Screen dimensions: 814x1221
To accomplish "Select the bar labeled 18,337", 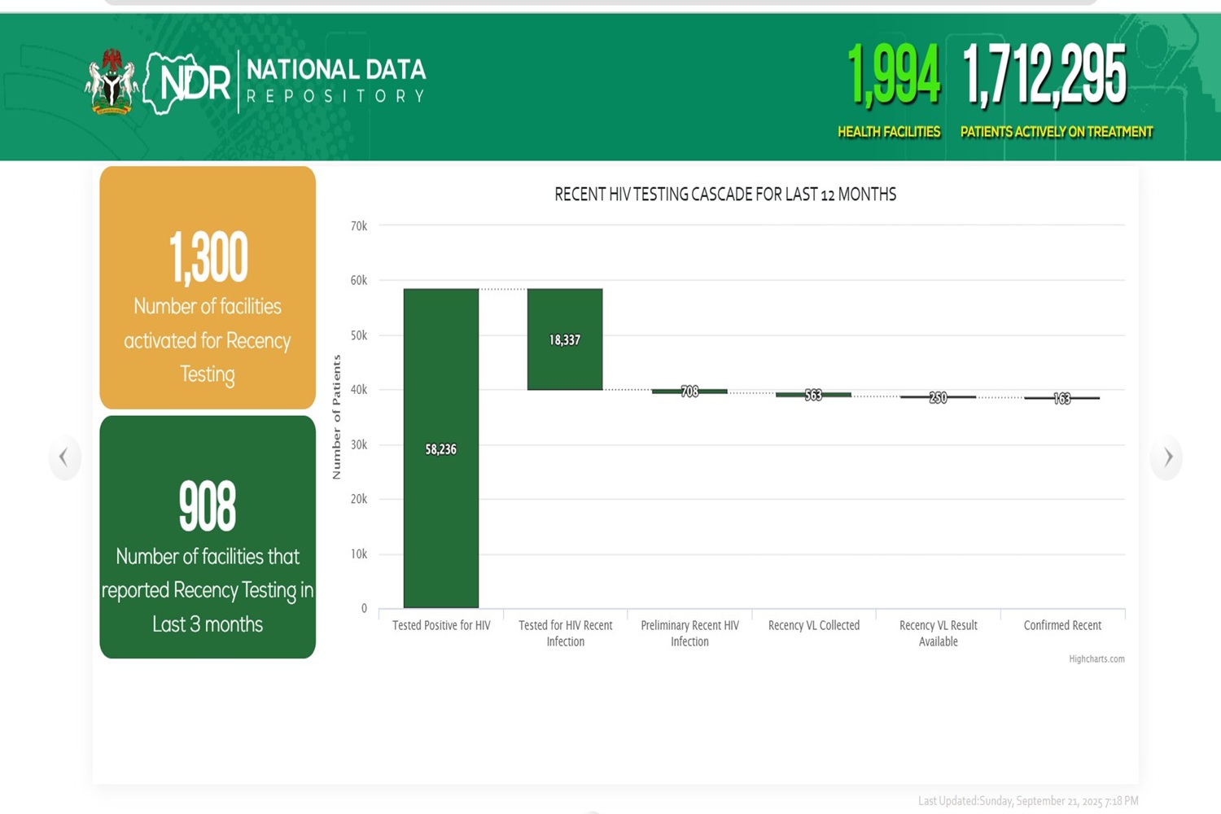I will point(565,339).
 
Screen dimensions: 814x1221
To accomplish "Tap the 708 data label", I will point(689,392).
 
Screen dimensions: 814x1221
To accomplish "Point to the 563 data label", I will point(813,395).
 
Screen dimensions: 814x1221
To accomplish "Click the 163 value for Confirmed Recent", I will point(1061,398).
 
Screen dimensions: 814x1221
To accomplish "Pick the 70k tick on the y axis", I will point(359,226).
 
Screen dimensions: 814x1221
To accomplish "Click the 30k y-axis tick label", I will point(359,444).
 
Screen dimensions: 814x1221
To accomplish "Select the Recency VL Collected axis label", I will point(813,625).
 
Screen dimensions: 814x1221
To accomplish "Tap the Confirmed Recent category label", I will point(1061,625).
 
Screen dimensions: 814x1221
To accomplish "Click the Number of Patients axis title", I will point(336,417).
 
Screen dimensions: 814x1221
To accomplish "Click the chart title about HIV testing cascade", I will point(724,195).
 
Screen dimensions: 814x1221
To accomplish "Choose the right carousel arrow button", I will point(1167,457).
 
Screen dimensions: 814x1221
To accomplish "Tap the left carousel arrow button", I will point(63,457).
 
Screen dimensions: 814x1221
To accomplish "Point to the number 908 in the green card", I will point(208,506).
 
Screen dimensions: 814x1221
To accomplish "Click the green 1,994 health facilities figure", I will point(893,76).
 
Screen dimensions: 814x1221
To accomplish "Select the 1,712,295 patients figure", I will point(1044,76).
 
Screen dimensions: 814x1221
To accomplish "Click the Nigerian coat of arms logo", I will point(111,82).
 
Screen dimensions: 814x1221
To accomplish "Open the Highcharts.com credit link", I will point(1096,659).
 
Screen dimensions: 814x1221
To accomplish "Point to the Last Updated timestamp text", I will point(1027,801).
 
